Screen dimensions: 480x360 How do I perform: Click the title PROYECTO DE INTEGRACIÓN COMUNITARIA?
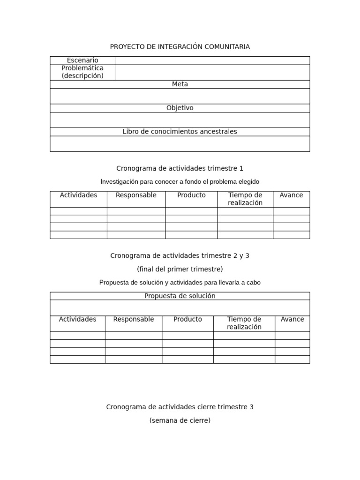pos(180,46)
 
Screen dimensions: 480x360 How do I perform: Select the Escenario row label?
pos(82,60)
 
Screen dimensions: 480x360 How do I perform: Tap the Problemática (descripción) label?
pos(82,72)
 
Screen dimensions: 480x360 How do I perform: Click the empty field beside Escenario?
pos(212,60)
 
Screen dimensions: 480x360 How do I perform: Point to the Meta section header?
pos(180,84)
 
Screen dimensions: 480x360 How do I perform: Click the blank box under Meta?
pos(180,96)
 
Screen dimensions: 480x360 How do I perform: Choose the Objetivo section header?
pos(180,108)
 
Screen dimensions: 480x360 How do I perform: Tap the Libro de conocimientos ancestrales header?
pos(180,132)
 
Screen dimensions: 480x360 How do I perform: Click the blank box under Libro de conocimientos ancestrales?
pos(180,143)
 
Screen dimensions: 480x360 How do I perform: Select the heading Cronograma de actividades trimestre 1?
pos(180,168)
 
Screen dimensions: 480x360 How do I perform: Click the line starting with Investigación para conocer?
pos(180,181)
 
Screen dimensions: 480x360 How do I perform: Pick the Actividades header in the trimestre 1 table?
pos(78,195)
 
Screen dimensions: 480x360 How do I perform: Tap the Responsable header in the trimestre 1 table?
pos(136,195)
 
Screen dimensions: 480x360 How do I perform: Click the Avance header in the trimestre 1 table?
pos(291,195)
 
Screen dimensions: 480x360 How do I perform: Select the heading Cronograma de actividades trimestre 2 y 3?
pos(180,255)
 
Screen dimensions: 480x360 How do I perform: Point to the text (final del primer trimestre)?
pos(180,269)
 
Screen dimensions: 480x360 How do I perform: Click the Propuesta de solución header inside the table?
pos(180,296)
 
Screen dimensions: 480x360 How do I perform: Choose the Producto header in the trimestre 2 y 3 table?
pos(187,319)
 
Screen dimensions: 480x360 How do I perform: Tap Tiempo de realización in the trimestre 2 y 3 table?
pos(244,323)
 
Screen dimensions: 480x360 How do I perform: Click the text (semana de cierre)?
pos(180,420)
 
